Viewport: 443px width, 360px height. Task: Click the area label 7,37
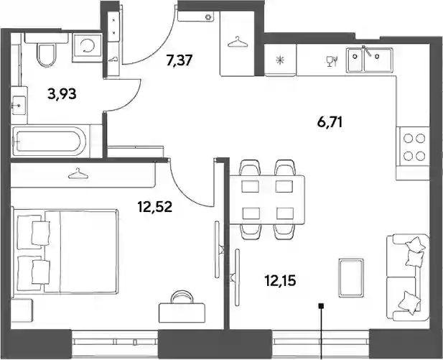[179, 60]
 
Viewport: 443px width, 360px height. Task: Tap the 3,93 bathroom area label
[62, 94]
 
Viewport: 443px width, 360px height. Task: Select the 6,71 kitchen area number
[330, 123]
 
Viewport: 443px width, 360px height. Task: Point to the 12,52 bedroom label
[155, 207]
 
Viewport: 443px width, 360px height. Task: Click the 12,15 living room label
[280, 281]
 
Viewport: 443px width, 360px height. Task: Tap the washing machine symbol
[87, 47]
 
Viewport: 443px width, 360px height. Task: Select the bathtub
[50, 141]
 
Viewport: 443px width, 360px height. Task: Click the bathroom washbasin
[19, 106]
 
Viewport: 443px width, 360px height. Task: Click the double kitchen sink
[370, 60]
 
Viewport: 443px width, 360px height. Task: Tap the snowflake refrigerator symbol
[280, 60]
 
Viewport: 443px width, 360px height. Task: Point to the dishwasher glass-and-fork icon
[331, 61]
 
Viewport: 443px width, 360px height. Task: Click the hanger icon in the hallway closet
[238, 42]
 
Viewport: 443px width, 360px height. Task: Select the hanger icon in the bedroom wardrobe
[78, 173]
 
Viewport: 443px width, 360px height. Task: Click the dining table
[267, 200]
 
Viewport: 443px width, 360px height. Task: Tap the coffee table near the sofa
[351, 277]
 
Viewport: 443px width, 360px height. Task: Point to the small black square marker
[321, 305]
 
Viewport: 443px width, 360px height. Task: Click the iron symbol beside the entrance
[113, 59]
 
